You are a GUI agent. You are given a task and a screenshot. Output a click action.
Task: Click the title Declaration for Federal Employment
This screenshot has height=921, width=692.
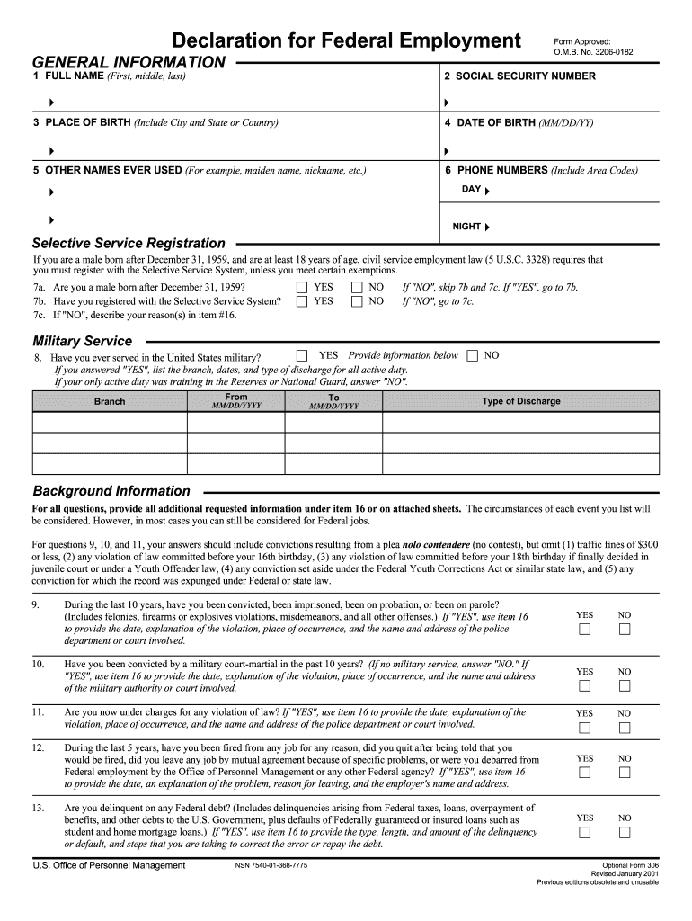347,41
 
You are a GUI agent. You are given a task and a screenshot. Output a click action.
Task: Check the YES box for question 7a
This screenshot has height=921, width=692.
302,288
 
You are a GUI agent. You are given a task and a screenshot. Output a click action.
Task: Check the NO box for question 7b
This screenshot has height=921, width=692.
357,302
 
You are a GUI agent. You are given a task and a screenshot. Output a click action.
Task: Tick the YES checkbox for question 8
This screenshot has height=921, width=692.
302,355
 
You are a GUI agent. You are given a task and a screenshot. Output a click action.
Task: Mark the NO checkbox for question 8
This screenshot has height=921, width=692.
473,356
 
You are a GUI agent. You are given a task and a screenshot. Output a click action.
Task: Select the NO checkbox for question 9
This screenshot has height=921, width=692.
625,630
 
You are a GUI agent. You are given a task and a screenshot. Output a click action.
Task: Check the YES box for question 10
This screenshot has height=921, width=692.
584,686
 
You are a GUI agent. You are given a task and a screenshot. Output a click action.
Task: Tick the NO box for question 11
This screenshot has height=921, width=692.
625,728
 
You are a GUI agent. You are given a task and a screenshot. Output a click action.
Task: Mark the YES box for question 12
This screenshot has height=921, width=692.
584,773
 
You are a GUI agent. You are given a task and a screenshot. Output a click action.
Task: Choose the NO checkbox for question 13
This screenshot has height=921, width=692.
625,832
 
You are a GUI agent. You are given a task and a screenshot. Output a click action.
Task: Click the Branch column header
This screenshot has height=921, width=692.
110,401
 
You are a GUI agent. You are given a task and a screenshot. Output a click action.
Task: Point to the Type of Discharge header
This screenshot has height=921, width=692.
521,401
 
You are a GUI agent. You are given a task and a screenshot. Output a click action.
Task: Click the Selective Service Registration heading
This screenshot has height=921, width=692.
129,243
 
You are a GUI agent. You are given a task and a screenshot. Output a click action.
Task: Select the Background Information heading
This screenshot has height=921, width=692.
111,491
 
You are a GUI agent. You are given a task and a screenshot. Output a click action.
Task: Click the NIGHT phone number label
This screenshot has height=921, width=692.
466,227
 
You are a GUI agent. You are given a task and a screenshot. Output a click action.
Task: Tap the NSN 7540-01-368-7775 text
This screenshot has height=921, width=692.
271,865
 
